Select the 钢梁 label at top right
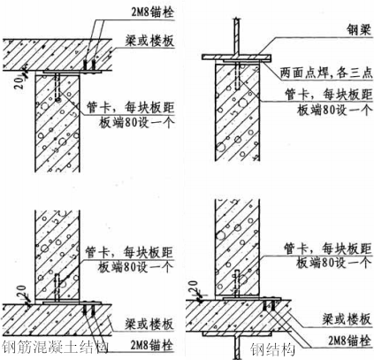coord(341,27)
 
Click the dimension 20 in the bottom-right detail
coord(198,288)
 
